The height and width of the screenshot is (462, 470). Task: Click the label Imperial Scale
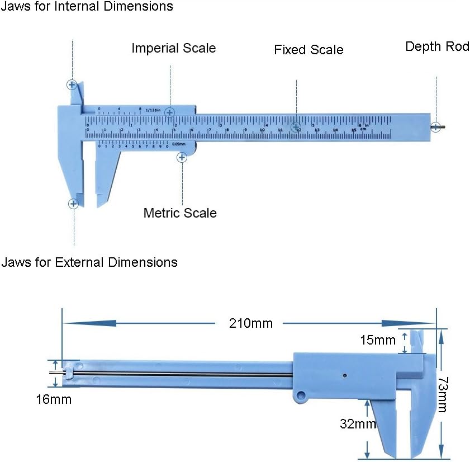tap(173, 48)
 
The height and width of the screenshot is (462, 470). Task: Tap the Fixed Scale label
tap(308, 50)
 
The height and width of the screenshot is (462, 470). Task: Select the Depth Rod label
tap(437, 46)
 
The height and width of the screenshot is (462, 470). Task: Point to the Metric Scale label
tap(180, 213)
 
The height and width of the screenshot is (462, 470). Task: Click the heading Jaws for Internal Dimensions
tap(87, 7)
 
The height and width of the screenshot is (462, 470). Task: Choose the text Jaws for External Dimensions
tap(89, 262)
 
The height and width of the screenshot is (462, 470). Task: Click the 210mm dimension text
tap(251, 323)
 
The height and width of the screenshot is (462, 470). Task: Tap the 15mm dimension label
tap(378, 340)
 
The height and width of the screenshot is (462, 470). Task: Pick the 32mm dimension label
tap(358, 423)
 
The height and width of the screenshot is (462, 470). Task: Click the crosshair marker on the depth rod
tap(435, 127)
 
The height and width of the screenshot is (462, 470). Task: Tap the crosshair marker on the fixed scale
tap(296, 127)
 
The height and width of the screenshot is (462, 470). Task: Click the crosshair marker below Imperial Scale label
tap(170, 113)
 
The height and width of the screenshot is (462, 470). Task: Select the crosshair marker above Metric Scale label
tap(181, 158)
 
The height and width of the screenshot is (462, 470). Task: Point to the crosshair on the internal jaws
tap(72, 86)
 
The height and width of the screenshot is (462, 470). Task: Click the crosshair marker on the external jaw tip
tap(73, 204)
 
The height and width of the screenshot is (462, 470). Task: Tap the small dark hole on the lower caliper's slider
tap(345, 375)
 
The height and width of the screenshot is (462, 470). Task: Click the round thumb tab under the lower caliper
tap(302, 396)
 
